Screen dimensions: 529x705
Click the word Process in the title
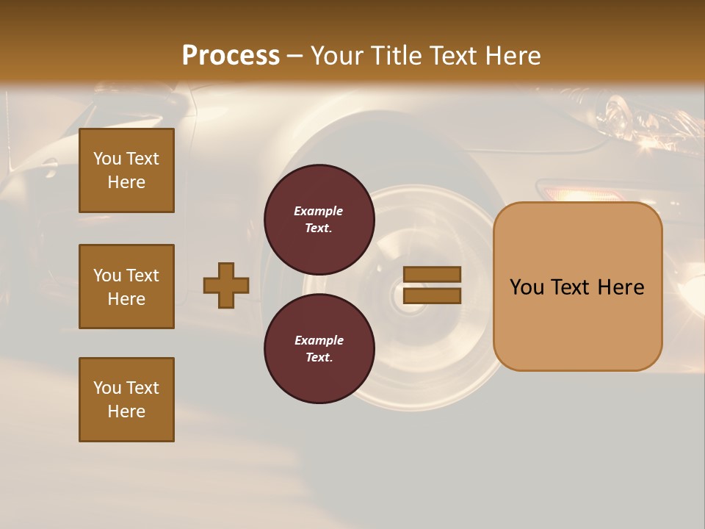point(231,55)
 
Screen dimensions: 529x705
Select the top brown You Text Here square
point(126,170)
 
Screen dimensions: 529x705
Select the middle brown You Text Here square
point(126,287)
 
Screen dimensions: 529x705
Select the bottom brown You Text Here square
point(126,399)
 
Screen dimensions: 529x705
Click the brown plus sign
point(226,285)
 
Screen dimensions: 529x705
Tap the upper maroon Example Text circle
point(319,219)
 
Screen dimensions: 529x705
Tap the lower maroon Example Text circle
point(319,348)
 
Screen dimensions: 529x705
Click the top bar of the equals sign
point(432,274)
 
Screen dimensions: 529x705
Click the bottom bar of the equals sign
point(432,295)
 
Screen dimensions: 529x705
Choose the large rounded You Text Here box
point(577,287)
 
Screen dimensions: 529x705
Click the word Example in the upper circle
point(319,211)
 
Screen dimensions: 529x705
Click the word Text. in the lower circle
point(319,357)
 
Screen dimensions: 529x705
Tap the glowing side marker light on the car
point(580,194)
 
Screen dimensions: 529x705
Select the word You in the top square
point(107,159)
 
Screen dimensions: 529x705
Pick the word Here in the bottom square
point(126,411)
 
